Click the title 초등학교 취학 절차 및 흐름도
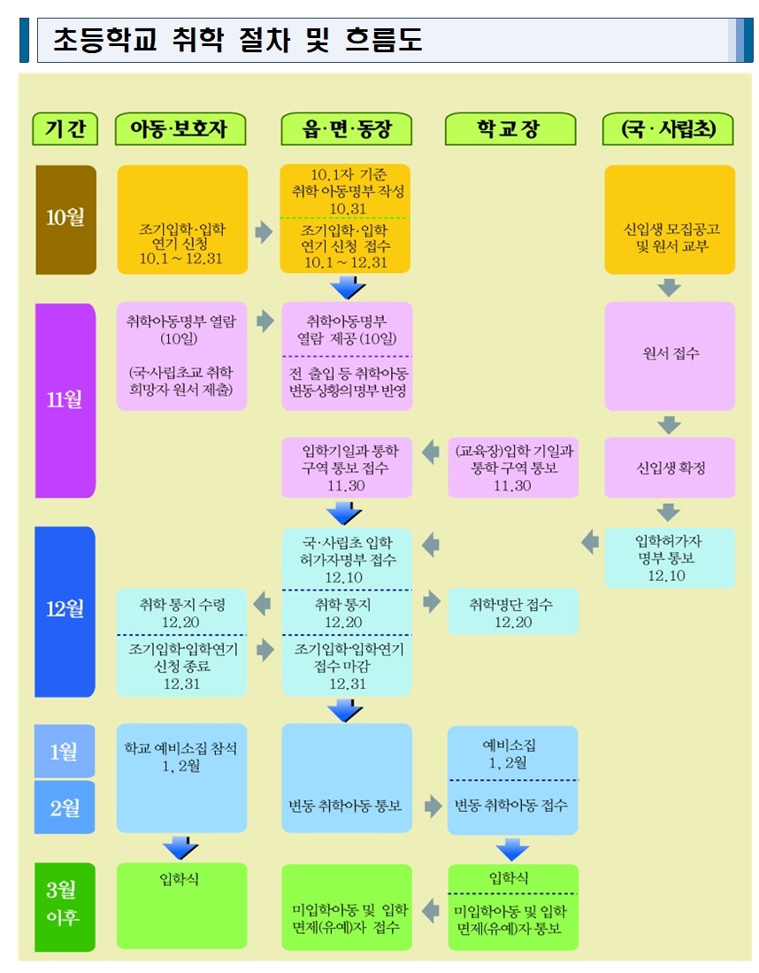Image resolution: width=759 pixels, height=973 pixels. (x=237, y=41)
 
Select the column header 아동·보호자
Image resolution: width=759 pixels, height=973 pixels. (x=180, y=129)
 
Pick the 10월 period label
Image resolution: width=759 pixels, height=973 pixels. (x=65, y=219)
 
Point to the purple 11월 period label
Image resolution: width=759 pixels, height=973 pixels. (x=65, y=399)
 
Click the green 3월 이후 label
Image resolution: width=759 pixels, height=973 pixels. (x=65, y=906)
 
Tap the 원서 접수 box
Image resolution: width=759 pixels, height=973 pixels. (x=670, y=354)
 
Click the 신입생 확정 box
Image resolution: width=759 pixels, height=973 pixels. (x=670, y=467)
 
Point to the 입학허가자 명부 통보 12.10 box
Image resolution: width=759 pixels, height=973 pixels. (x=670, y=558)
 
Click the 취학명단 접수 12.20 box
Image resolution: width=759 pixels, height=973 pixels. (x=512, y=613)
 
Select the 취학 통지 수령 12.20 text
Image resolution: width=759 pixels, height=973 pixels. (x=182, y=613)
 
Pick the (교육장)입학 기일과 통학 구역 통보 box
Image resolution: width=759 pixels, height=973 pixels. (x=512, y=467)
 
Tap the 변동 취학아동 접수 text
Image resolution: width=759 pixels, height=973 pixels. (x=512, y=806)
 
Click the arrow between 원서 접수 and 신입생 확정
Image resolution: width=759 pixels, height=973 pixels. (x=670, y=425)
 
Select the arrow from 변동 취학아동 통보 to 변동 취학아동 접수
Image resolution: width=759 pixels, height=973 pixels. (x=431, y=806)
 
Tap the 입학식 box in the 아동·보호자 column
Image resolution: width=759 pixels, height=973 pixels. (x=182, y=905)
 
